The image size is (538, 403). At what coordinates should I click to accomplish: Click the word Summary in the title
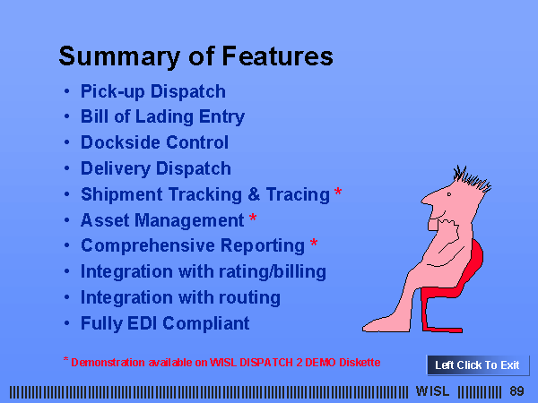click(x=119, y=57)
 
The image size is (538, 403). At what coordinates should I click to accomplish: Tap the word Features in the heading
click(x=278, y=56)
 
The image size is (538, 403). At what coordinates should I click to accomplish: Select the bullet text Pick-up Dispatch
click(x=153, y=92)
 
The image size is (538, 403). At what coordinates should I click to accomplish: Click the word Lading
click(x=165, y=117)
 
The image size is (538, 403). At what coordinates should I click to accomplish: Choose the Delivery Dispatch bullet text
click(x=156, y=168)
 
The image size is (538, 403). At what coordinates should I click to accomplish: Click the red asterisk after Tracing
click(x=338, y=192)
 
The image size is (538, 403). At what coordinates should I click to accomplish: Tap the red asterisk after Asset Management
click(x=253, y=218)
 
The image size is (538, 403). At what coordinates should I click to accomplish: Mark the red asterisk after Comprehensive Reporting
click(x=314, y=243)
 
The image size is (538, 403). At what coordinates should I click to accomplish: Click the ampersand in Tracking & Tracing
click(x=254, y=194)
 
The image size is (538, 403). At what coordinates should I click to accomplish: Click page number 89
click(x=516, y=391)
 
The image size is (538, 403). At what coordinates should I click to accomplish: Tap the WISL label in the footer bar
click(x=432, y=391)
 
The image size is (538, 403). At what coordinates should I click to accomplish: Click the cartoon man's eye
click(x=449, y=194)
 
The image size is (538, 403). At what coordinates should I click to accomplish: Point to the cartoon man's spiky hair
click(x=473, y=178)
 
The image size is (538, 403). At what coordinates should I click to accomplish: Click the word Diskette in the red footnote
click(x=360, y=363)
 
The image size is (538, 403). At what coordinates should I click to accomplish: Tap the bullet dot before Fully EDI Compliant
click(x=67, y=322)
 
